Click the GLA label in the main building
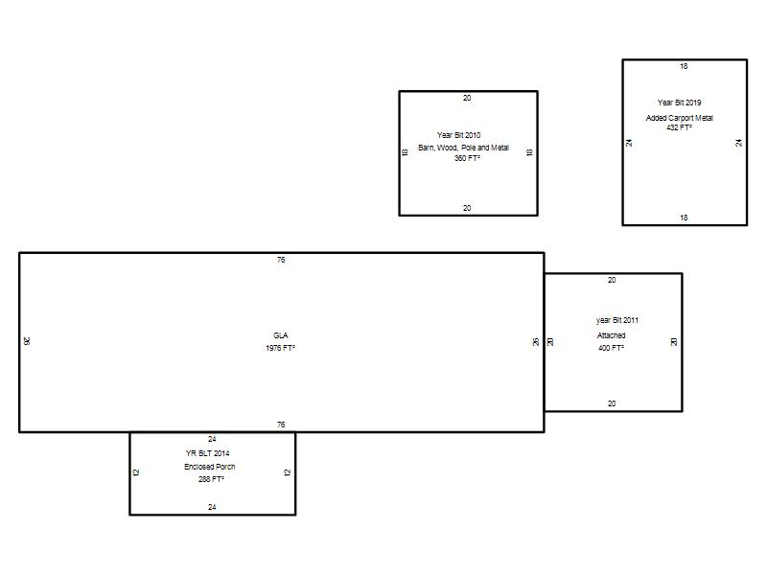click(x=280, y=335)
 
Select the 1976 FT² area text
click(x=280, y=348)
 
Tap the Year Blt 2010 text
click(x=459, y=135)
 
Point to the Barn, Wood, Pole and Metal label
click(x=463, y=148)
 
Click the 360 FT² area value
click(x=467, y=158)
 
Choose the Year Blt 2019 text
click(x=679, y=103)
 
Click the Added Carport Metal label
click(x=680, y=118)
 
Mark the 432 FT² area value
click(x=679, y=127)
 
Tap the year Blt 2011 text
click(x=617, y=320)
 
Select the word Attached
click(x=611, y=335)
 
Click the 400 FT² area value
click(x=611, y=348)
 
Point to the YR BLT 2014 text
click(x=207, y=453)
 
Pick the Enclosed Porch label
click(x=209, y=467)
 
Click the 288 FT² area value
click(x=211, y=479)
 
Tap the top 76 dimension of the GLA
click(x=281, y=260)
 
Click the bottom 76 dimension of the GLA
click(x=281, y=425)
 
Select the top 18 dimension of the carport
click(x=684, y=66)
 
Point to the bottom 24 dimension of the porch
click(x=212, y=507)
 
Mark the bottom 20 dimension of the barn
click(x=467, y=208)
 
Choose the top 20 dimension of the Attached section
click(x=612, y=280)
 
